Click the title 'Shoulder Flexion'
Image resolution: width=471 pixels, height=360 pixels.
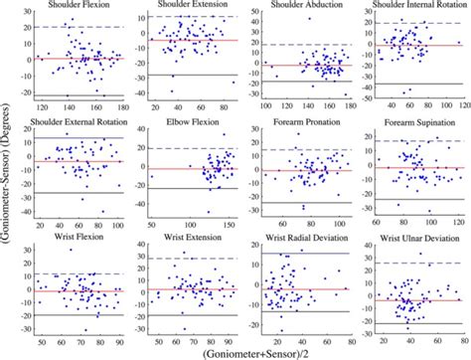[75, 6]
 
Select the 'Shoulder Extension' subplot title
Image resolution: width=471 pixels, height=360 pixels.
[192, 6]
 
